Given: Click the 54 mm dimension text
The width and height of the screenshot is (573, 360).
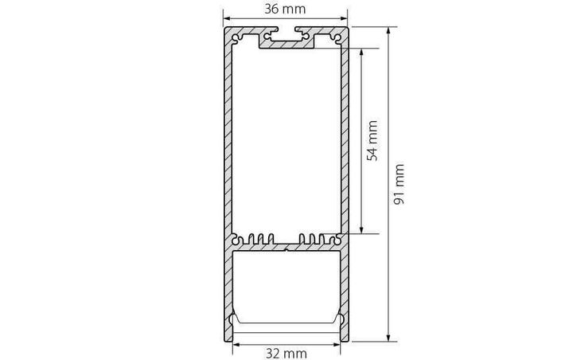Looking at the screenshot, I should click(372, 140).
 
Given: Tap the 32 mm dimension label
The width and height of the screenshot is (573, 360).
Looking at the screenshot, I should click(286, 352).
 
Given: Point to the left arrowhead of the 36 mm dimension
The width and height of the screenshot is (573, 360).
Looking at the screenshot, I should click(226, 18).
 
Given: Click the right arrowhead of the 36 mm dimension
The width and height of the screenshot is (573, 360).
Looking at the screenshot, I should click(345, 18).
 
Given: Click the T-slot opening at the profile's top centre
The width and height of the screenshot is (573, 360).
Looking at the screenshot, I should click(286, 36).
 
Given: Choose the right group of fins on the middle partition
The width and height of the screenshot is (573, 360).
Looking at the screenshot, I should click(312, 237).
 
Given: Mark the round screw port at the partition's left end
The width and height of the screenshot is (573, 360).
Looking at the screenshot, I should click(236, 238).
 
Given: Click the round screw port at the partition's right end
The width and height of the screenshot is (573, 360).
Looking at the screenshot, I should click(337, 238).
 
